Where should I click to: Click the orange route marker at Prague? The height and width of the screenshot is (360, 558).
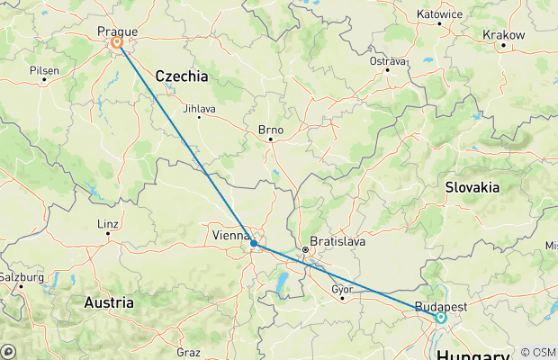point(117,42)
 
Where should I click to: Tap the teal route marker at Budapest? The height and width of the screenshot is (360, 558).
point(441,317)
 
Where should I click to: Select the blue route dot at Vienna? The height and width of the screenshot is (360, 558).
point(254,243)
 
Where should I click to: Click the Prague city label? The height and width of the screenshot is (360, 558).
point(117,30)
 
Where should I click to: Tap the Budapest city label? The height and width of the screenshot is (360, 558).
point(441,306)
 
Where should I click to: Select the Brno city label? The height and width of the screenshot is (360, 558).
point(270,130)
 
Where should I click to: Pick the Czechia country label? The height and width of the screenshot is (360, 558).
point(182,76)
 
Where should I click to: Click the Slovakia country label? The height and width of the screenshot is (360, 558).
point(472,187)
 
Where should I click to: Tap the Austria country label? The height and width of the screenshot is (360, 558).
point(110,303)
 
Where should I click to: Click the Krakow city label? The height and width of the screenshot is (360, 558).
point(503,34)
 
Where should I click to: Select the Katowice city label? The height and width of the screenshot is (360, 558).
point(440,14)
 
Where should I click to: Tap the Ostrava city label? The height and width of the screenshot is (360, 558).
point(388,61)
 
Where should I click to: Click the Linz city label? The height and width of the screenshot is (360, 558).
point(107,224)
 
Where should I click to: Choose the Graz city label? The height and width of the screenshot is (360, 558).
point(187,352)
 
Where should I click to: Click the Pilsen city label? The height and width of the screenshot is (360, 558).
point(44,69)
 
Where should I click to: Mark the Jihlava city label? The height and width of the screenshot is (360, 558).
point(199,109)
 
